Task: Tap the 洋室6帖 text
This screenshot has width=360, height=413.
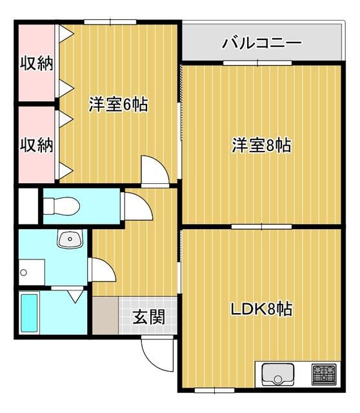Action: pyautogui.click(x=118, y=104)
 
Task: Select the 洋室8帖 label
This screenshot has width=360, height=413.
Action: pyautogui.click(x=261, y=146)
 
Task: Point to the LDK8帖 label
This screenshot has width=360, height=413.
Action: pyautogui.click(x=262, y=309)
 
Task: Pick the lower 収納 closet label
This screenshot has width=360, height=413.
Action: pyautogui.click(x=35, y=145)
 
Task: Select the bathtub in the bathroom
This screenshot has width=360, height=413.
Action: pyautogui.click(x=30, y=314)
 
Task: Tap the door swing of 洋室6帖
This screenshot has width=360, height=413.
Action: pyautogui.click(x=155, y=169)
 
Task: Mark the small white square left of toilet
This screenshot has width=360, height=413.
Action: pyautogui.click(x=28, y=205)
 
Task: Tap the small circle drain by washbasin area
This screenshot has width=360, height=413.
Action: pyautogui.click(x=23, y=273)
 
